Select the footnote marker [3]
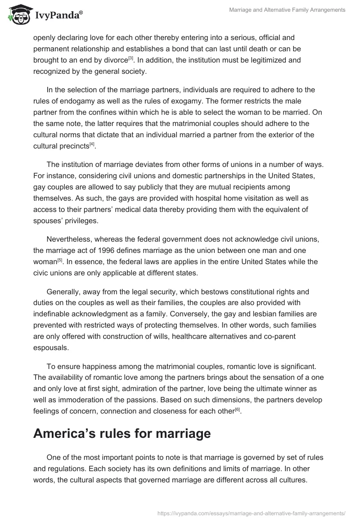[130, 58]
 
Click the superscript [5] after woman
[59, 259]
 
